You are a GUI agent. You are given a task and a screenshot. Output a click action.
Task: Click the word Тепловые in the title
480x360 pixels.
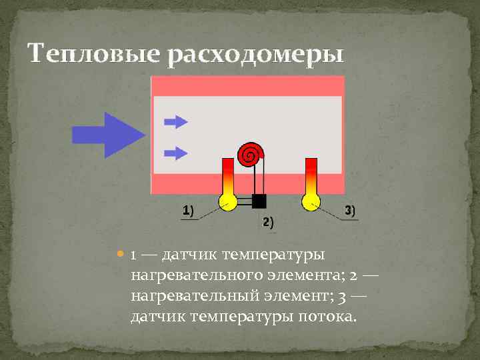point(94,53)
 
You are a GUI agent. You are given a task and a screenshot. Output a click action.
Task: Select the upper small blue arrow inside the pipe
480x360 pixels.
point(176,121)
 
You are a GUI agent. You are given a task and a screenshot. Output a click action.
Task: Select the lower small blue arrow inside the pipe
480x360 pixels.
point(176,153)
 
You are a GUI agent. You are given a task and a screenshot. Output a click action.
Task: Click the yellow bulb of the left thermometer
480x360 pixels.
point(227,201)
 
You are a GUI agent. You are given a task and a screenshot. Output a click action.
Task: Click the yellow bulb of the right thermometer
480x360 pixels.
point(310,201)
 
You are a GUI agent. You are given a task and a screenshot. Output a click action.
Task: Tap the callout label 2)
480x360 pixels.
point(267,222)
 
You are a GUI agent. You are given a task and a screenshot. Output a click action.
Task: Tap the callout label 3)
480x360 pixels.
point(350,211)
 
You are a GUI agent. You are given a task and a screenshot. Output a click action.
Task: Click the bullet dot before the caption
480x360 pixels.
point(120,255)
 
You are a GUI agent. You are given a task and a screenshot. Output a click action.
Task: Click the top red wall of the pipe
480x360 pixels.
point(247,85)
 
